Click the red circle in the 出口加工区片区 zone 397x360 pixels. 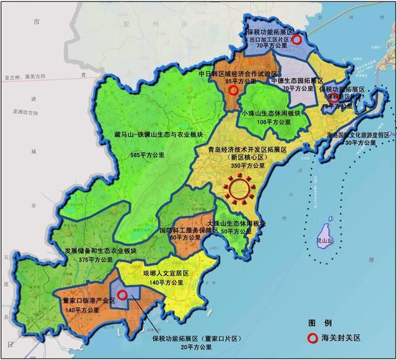click(x=297, y=39)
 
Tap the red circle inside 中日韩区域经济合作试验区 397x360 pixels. click(x=233, y=91)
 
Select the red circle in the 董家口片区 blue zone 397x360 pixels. click(x=123, y=295)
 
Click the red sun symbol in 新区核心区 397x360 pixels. click(x=239, y=187)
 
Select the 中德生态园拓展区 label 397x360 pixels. click(x=296, y=81)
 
